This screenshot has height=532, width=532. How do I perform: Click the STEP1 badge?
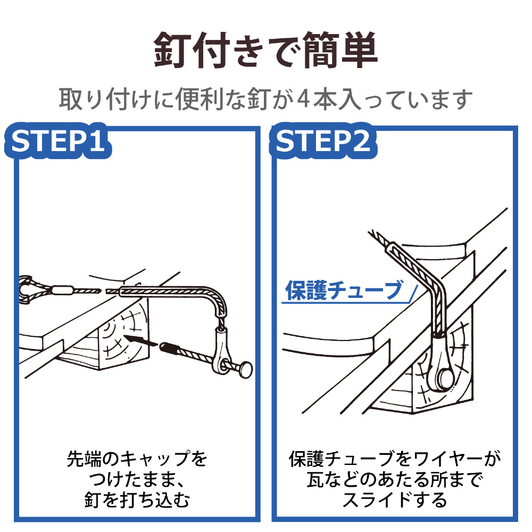(59, 142)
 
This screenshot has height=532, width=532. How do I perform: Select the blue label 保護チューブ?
(344, 290)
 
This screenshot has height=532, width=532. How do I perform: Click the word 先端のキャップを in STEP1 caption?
(137, 458)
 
